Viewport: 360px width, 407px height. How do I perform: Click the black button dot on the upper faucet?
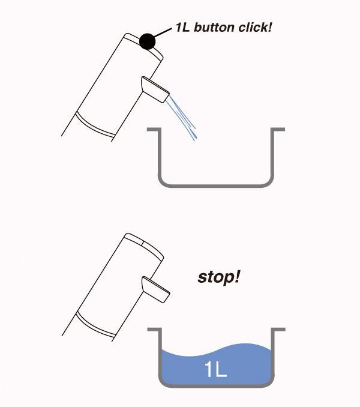(x=148, y=41)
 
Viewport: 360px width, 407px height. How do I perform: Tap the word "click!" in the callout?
(x=259, y=28)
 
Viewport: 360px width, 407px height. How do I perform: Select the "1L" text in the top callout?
(x=184, y=28)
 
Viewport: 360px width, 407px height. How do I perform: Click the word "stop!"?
(x=219, y=278)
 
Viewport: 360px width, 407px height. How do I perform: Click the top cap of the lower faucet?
(x=143, y=242)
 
